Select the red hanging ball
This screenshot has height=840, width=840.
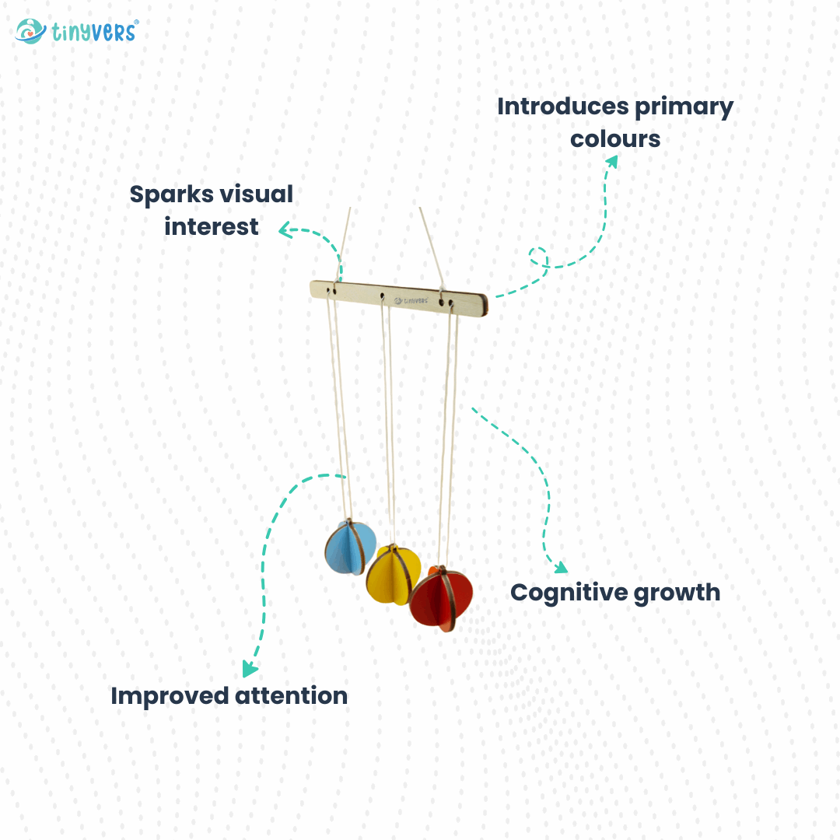tap(441, 597)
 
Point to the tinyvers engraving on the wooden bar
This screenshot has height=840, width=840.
tap(411, 299)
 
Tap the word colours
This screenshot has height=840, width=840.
tap(614, 139)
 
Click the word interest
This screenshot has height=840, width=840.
tap(211, 226)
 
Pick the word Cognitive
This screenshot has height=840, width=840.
tap(568, 593)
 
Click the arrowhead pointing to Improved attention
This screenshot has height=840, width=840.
tap(250, 668)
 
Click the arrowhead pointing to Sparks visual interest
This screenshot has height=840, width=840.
tap(285, 229)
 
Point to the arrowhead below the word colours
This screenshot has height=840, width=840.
tap(612, 161)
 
